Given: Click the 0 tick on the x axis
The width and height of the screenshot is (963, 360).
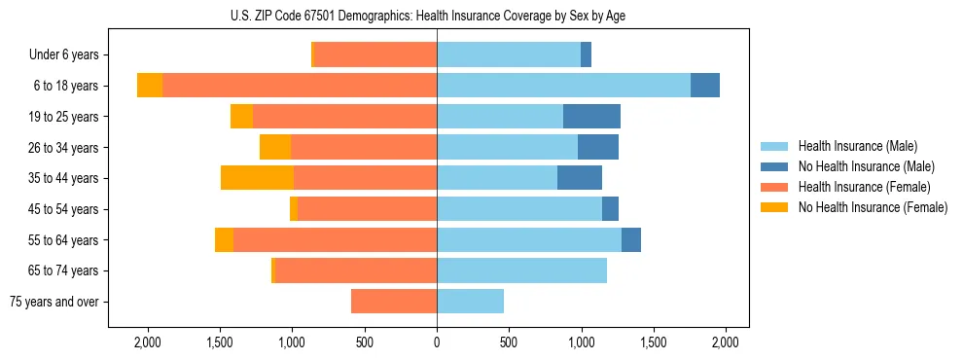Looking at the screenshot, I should point(437,342).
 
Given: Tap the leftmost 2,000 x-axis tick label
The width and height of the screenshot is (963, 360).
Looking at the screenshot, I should point(147,342).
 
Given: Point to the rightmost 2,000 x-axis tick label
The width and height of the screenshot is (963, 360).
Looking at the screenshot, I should point(726,342).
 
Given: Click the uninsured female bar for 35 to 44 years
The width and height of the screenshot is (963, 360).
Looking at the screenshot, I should point(257,178).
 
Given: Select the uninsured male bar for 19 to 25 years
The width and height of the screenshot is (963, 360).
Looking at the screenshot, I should point(591,117).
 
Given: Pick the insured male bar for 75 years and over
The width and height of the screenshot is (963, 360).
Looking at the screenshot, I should point(470,302).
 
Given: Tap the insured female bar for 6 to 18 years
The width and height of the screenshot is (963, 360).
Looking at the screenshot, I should point(299,86).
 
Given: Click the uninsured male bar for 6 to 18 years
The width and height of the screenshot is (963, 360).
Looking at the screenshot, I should point(705,86).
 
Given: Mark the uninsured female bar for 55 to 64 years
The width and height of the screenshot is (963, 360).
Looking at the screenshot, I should point(224,240).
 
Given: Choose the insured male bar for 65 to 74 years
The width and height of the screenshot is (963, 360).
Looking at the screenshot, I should point(521,270).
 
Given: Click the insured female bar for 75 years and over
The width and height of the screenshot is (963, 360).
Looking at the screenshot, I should point(394,302).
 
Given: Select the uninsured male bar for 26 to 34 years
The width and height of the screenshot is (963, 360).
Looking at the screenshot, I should point(598,147).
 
